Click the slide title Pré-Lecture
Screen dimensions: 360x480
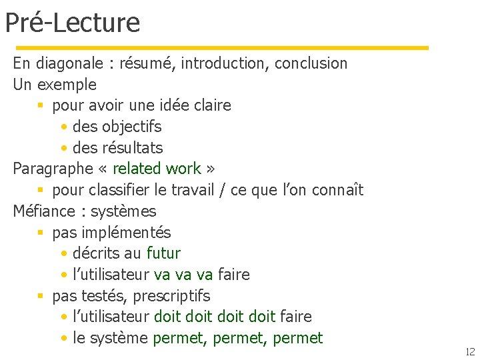tap(72, 23)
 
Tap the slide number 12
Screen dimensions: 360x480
tap(469, 351)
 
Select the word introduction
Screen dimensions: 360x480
tap(225, 64)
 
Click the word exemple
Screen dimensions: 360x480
tap(67, 85)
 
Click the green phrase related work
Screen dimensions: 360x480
tap(157, 169)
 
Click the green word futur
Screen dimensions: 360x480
tap(163, 253)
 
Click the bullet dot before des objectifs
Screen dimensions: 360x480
tap(63, 127)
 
